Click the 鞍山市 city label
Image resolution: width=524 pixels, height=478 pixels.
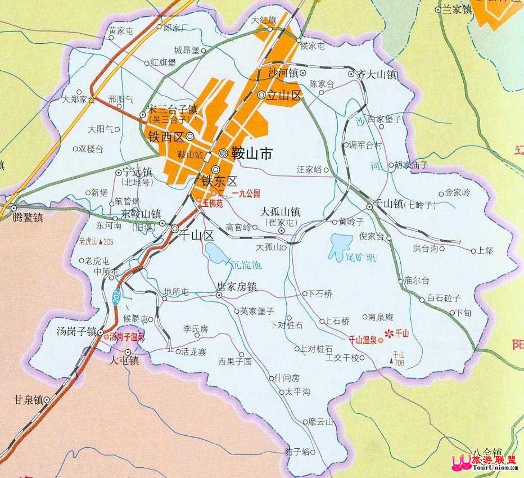point(252,152)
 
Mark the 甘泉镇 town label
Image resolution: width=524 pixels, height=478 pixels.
point(29,400)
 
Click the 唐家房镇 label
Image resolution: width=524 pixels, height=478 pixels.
point(237,286)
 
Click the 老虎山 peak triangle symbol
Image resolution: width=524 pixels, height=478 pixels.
point(101,241)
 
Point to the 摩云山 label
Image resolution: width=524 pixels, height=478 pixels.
point(320,421)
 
